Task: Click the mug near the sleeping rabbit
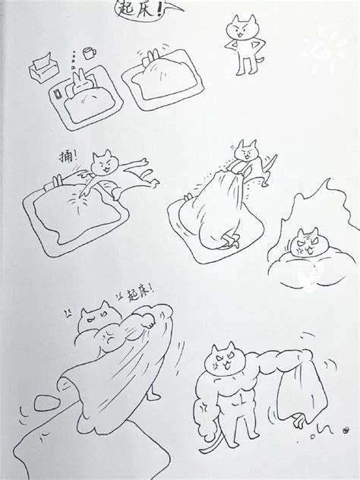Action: point(89,53)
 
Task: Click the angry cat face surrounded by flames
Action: point(305,244)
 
